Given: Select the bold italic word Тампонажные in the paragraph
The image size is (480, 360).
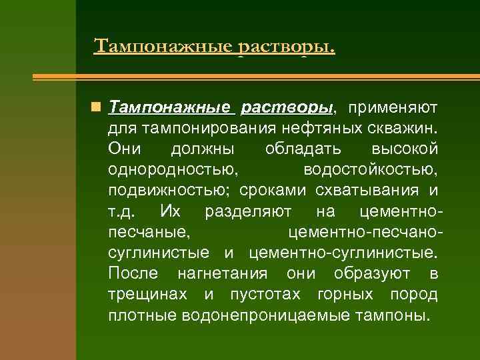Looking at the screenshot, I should tap(169, 107).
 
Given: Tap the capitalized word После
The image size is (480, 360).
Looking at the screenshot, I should tap(133, 273).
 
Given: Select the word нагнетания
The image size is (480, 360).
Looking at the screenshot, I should tap(222, 273).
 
